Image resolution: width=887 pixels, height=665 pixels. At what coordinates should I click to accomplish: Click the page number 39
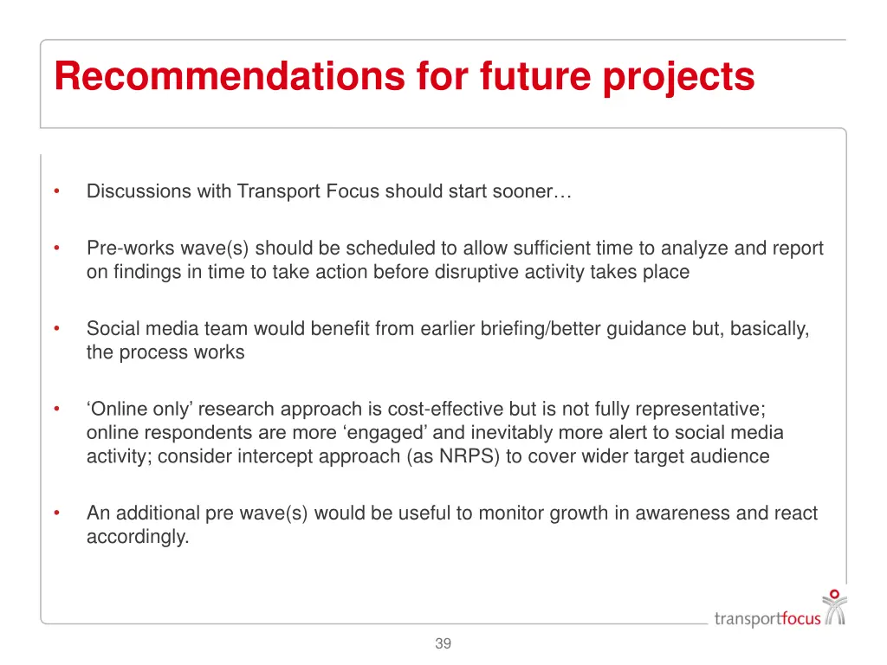[443, 643]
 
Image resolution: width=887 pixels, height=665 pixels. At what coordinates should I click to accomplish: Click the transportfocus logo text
[767, 618]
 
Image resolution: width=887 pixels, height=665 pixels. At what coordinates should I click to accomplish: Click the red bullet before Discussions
[55, 191]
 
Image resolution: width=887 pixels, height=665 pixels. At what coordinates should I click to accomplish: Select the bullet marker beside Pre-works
[55, 249]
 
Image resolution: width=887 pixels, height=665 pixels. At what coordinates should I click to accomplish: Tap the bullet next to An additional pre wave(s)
[55, 513]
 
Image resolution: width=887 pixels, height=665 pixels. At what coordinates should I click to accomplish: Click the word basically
[769, 329]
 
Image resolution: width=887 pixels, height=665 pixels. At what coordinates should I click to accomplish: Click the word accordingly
[137, 537]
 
